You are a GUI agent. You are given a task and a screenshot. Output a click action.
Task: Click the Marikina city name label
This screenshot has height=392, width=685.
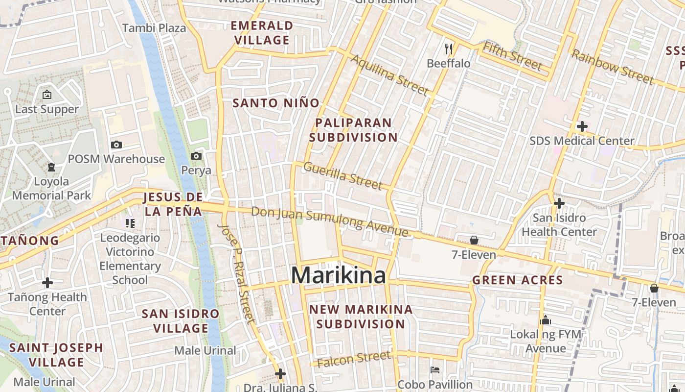click(x=339, y=275)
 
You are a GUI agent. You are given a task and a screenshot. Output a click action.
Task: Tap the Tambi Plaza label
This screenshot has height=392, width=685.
click(x=154, y=28)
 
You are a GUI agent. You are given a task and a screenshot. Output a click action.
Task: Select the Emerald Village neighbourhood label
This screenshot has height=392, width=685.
click(x=262, y=33)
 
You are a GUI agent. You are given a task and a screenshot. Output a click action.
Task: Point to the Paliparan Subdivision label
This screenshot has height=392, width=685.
click(x=353, y=130)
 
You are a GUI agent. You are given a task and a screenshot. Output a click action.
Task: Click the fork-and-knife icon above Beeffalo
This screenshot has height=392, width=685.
click(x=449, y=49)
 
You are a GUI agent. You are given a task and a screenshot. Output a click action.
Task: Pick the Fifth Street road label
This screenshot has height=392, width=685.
click(x=512, y=56)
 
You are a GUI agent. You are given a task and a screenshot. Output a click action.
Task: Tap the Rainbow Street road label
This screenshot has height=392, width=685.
click(x=612, y=67)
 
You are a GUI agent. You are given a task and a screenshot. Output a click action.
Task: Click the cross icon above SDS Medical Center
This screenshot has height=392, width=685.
click(x=582, y=126)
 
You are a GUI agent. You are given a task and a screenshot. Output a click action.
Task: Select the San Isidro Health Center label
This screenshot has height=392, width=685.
click(x=559, y=224)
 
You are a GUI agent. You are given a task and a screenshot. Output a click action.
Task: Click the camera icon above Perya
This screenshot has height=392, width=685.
click(x=196, y=156)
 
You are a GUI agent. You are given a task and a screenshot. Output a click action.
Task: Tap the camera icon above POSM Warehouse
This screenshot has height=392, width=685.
click(x=116, y=145)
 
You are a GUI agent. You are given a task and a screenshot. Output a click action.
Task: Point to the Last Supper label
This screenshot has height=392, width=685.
click(x=47, y=109)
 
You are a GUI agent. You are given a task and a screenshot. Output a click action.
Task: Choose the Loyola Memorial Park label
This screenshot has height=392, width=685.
click(x=51, y=189)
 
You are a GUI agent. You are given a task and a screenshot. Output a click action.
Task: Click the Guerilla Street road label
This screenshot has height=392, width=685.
click(x=342, y=175)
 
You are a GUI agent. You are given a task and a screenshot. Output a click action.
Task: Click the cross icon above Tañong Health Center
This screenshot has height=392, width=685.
click(x=47, y=283)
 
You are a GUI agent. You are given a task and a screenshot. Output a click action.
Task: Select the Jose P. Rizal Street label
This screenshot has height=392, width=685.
click(x=237, y=274)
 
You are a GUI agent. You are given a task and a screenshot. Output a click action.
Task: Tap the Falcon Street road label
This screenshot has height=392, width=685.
click(x=354, y=360)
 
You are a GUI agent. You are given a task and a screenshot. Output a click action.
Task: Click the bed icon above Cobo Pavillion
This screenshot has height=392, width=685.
click(x=434, y=369)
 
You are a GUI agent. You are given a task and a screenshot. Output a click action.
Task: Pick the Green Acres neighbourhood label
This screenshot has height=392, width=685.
click(x=517, y=280)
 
